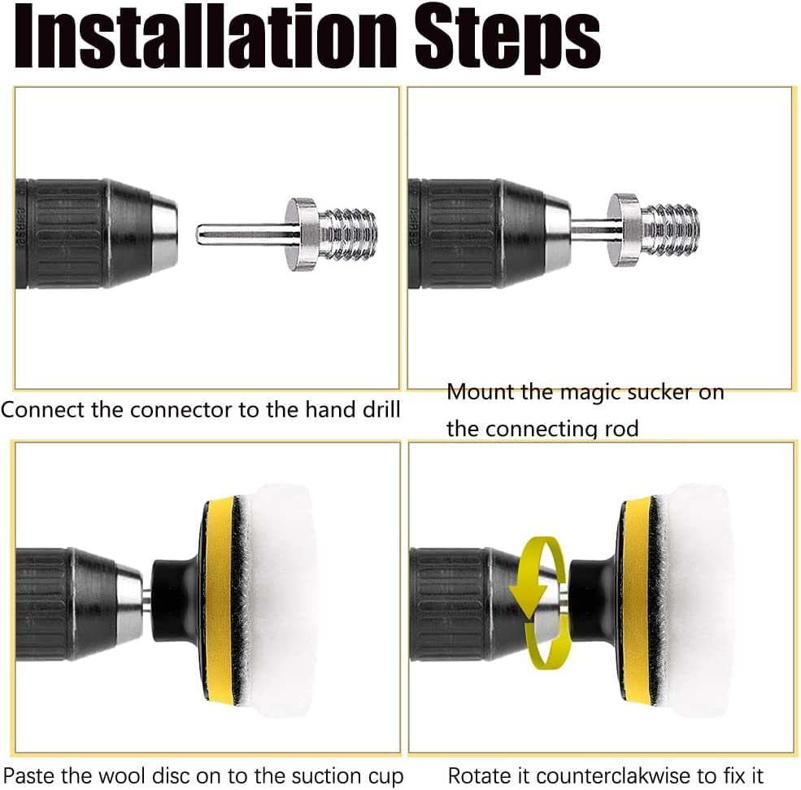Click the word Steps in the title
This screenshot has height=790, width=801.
tap(507, 40)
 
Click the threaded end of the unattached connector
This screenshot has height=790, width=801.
tap(348, 234)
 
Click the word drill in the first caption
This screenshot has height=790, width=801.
tap(378, 410)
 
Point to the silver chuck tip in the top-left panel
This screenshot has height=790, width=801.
tap(164, 234)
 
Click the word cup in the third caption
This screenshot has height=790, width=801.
tap(386, 777)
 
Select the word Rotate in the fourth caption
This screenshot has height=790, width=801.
tap(480, 775)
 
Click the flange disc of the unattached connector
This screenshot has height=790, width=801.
tap(303, 234)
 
